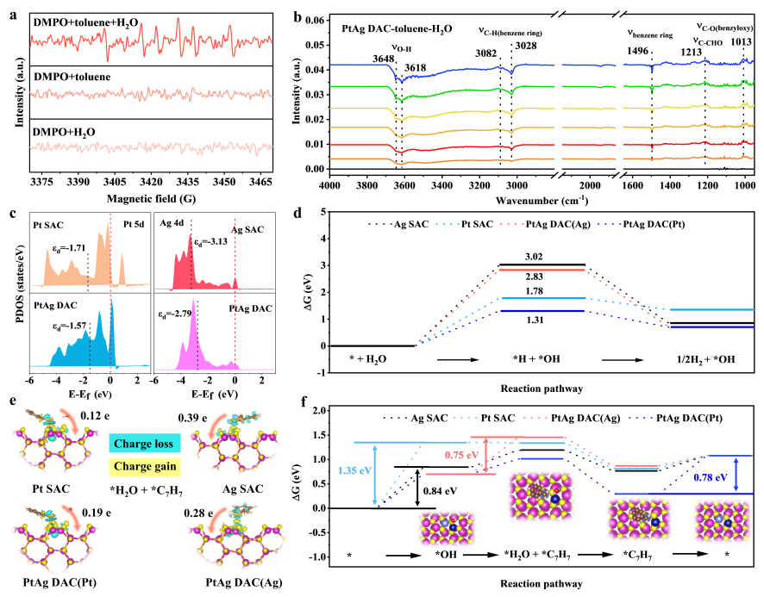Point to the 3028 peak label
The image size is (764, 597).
[525, 46]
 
